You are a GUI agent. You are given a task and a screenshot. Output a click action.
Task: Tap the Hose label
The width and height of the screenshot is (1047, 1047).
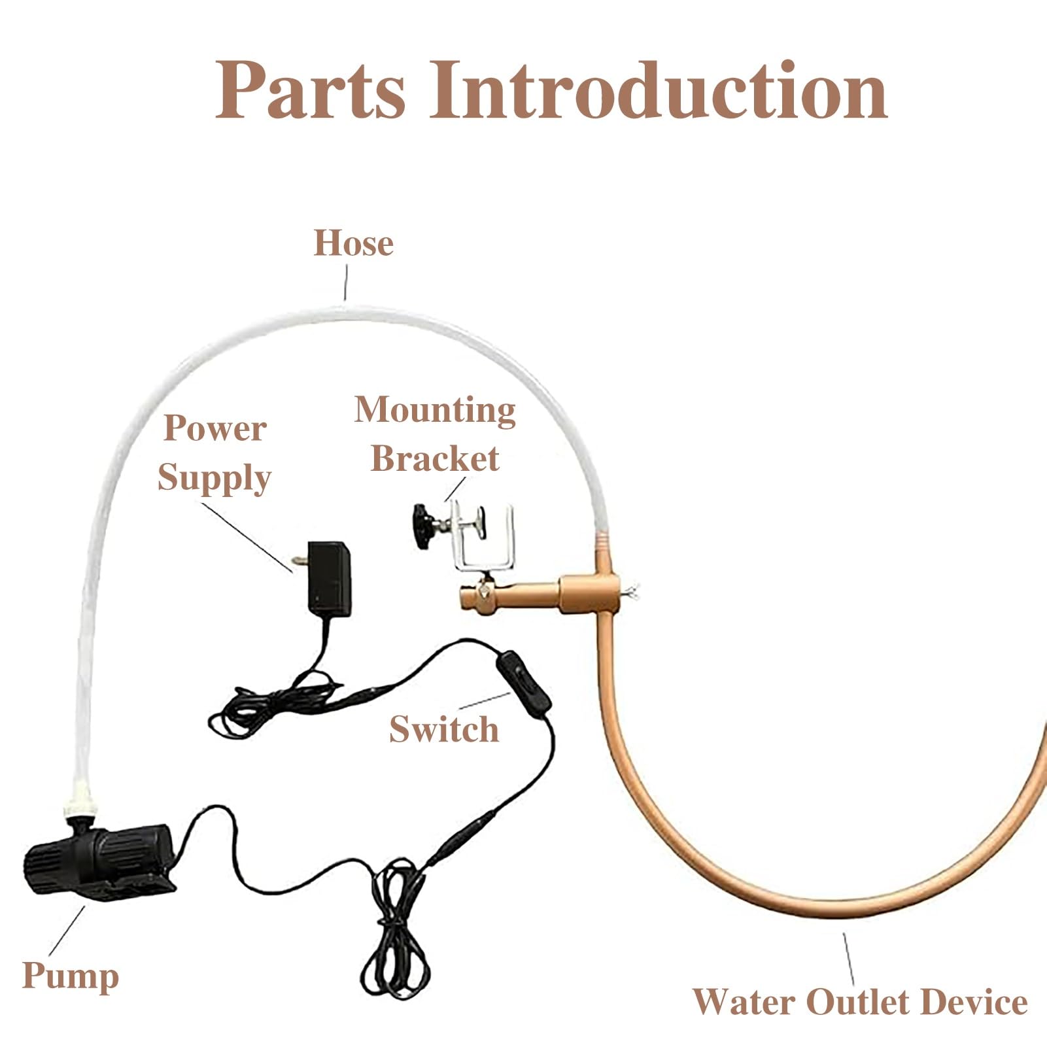tap(354, 243)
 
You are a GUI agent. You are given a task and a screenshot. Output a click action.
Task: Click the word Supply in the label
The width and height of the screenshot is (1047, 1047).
tap(215, 478)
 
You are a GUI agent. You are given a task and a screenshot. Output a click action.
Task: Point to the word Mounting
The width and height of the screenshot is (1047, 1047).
tap(435, 411)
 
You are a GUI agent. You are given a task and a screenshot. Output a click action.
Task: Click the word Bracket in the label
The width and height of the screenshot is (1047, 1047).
tap(435, 458)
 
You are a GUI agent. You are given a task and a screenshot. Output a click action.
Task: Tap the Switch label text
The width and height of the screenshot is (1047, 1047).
tap(444, 729)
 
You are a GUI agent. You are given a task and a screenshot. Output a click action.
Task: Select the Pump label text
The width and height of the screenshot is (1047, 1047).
tap(71, 977)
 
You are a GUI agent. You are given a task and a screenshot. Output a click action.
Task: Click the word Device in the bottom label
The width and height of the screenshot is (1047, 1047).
tap(974, 1003)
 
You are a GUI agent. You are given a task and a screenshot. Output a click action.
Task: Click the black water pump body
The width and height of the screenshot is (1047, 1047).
tap(98, 854)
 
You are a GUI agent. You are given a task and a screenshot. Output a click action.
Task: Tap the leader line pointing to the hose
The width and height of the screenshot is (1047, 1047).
tap(345, 285)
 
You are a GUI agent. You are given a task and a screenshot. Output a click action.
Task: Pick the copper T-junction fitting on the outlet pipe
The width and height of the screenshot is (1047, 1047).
tap(589, 592)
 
